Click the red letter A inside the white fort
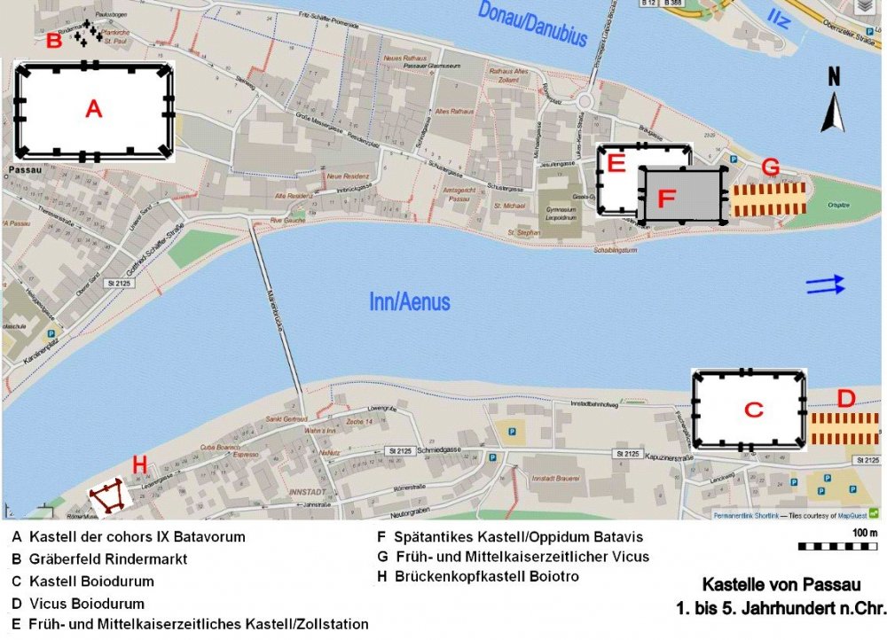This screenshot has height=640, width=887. (x=93, y=109)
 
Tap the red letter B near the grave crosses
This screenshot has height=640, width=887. (x=54, y=40)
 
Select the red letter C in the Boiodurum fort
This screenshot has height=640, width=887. (x=753, y=410)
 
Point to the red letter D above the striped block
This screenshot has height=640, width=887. (x=845, y=399)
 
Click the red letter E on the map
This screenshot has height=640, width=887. (x=616, y=162)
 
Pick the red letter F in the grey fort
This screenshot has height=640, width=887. (x=667, y=198)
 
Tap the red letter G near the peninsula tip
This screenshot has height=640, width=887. (x=771, y=167)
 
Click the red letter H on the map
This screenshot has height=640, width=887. (x=139, y=464)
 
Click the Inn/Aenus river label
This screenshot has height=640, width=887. (x=409, y=302)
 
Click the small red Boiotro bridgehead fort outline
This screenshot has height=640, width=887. (x=110, y=497)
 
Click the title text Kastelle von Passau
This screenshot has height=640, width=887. (x=781, y=586)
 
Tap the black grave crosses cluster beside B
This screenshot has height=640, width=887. (x=86, y=35)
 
